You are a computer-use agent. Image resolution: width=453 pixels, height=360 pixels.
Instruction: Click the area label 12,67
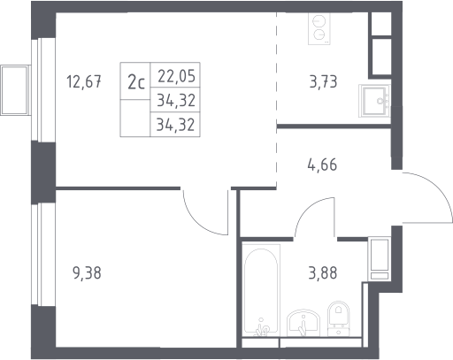click(84, 81)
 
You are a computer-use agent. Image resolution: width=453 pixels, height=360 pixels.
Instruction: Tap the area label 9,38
click(87, 272)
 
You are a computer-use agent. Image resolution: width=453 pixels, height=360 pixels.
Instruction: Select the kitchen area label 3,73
click(323, 81)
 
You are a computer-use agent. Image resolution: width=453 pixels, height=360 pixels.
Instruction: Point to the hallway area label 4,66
click(322, 165)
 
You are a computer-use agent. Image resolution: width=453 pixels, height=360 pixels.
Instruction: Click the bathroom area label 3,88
click(323, 272)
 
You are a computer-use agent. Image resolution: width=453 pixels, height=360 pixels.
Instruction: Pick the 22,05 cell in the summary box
click(176, 76)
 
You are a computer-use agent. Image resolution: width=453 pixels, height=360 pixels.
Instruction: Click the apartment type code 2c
click(136, 82)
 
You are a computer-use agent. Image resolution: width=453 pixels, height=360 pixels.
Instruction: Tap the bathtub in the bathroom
click(261, 290)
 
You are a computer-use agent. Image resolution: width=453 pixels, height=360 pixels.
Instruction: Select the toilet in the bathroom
click(339, 318)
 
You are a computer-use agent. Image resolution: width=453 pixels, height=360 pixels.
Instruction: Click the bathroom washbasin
click(303, 323)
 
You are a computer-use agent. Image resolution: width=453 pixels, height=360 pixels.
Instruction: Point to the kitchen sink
click(374, 101)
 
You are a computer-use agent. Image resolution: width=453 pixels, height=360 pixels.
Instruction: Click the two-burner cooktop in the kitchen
click(319, 28)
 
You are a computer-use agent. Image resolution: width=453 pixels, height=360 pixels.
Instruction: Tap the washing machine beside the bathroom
click(380, 258)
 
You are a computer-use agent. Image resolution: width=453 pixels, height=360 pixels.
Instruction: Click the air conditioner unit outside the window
click(15, 90)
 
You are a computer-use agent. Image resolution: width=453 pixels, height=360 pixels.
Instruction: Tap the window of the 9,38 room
click(43, 255)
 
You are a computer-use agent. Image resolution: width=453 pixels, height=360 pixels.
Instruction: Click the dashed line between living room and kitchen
click(276, 100)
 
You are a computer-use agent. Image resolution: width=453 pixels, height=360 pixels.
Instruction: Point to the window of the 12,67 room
click(43, 89)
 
